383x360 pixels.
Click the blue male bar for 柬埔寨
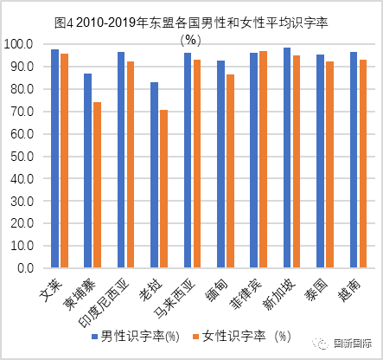[x=88, y=170]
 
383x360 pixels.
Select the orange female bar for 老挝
[x=163, y=189]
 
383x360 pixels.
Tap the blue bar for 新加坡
[x=287, y=157]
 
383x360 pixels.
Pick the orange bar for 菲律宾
[x=263, y=159]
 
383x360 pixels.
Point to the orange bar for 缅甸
[x=230, y=170]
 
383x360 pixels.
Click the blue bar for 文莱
[x=55, y=158]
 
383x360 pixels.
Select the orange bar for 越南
[x=363, y=164]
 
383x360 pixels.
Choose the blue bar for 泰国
[x=320, y=161]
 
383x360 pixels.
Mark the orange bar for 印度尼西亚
[x=131, y=164]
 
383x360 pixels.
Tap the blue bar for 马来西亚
[x=188, y=160]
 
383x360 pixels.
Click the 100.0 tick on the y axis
[x=18, y=44]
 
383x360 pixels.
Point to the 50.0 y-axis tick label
[x=22, y=157]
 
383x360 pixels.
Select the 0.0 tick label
[x=25, y=268]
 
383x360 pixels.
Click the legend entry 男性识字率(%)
[x=136, y=337]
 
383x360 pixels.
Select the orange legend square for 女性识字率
[x=196, y=337]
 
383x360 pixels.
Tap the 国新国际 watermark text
[x=352, y=344]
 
